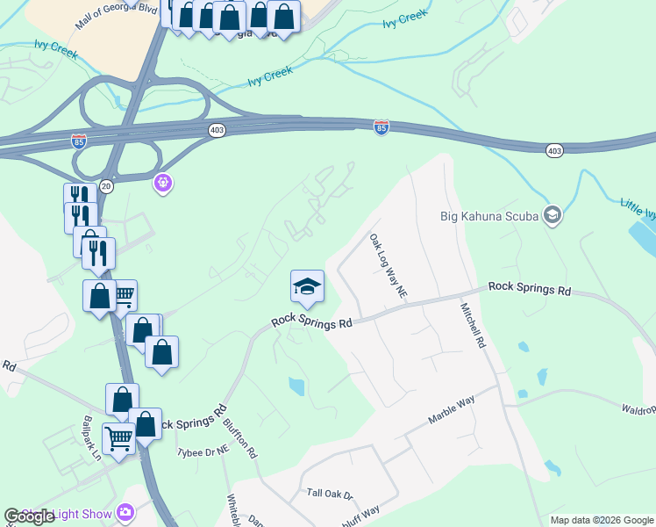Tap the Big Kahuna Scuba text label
[x=491, y=215]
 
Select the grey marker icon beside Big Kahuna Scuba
[x=552, y=215]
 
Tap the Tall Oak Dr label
[x=329, y=495]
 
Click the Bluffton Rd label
[x=239, y=437]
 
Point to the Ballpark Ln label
[x=92, y=439]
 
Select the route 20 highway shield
[x=106, y=185]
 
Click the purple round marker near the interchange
[x=162, y=183]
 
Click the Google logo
[x=30, y=516]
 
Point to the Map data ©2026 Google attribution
[x=602, y=520]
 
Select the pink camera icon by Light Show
[x=125, y=512]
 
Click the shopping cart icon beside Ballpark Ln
[x=118, y=436]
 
